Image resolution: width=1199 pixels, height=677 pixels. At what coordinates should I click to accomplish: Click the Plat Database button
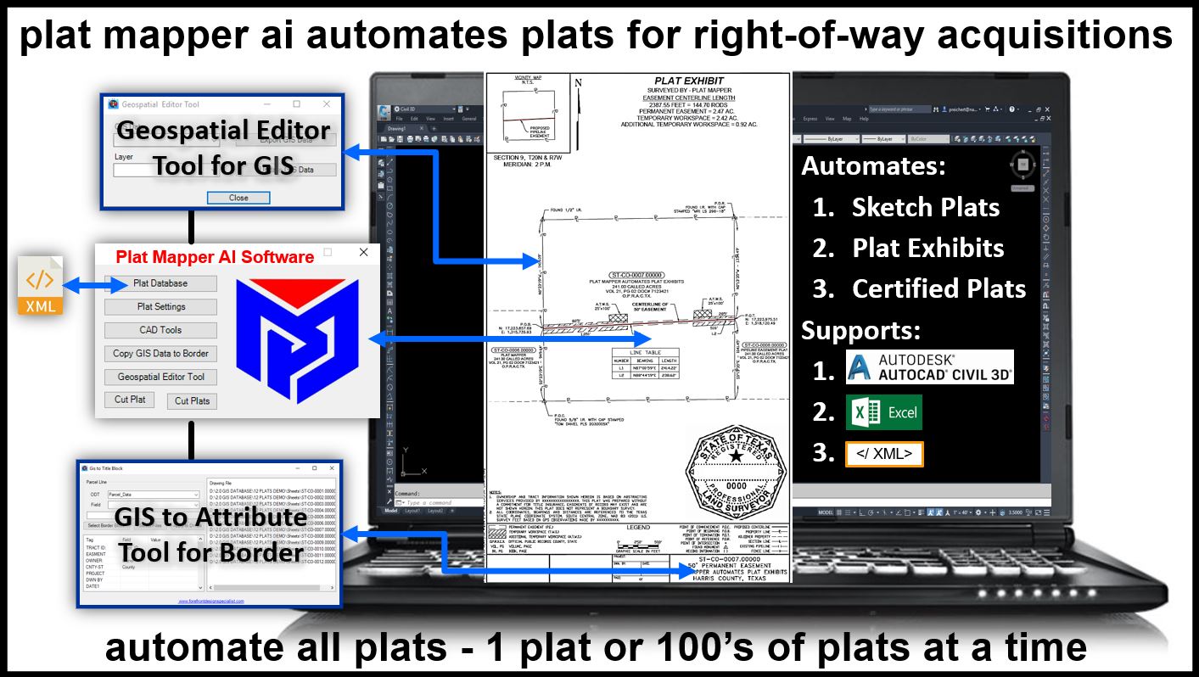tap(160, 283)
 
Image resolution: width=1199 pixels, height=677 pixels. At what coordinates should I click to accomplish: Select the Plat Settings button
tap(160, 306)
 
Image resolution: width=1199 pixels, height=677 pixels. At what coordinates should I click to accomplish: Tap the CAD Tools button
tap(160, 330)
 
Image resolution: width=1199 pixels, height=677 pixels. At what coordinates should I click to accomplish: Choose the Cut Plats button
tap(193, 401)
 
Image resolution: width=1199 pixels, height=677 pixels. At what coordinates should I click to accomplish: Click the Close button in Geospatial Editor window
tap(238, 198)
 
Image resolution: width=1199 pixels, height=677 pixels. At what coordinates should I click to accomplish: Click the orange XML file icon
tap(40, 285)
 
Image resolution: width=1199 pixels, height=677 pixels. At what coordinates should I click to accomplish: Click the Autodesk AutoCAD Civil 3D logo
tap(929, 367)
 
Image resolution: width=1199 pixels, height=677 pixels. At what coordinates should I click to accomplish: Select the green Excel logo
tap(883, 412)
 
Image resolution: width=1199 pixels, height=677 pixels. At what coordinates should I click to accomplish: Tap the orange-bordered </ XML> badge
tap(883, 454)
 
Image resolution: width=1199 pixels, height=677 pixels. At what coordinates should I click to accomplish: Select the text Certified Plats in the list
tap(938, 288)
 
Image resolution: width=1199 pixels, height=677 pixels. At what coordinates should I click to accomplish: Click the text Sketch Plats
tap(926, 207)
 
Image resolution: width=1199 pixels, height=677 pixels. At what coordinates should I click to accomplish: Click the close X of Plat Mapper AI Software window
tap(364, 253)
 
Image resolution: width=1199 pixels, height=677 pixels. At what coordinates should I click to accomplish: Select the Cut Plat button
tap(130, 400)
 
